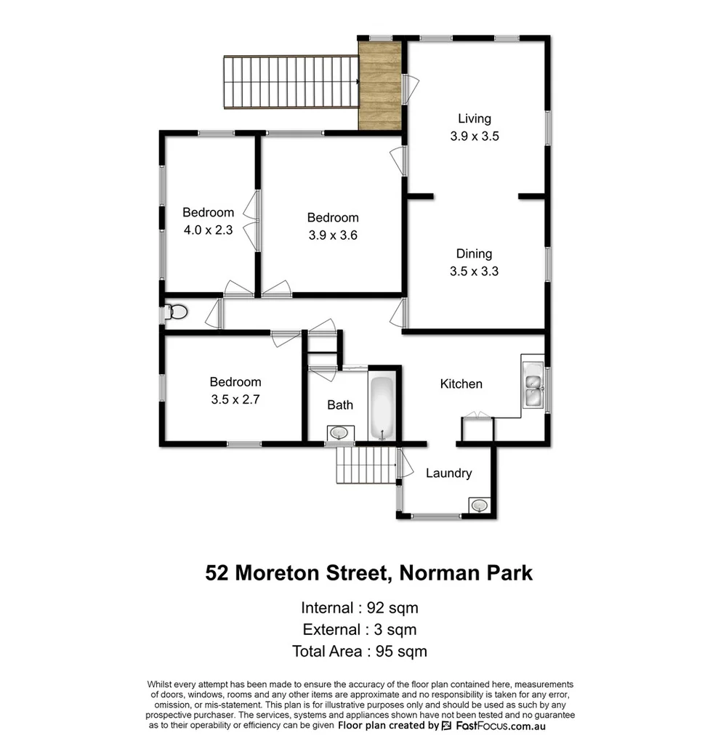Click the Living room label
point(474,118)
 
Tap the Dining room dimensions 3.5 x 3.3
point(474,272)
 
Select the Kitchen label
point(461,384)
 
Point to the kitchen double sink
point(533,384)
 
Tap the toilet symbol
point(175,312)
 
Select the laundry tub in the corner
point(478,505)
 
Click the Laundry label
point(448,473)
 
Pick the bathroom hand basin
point(338,433)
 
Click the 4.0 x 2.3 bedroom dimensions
point(208,231)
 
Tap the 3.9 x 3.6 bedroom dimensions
point(332,235)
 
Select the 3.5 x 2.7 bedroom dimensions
point(235,400)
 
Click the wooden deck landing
point(381,85)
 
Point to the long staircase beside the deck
point(291,81)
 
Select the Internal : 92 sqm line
point(359,607)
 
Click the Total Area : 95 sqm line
point(359,651)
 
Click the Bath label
point(339,405)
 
